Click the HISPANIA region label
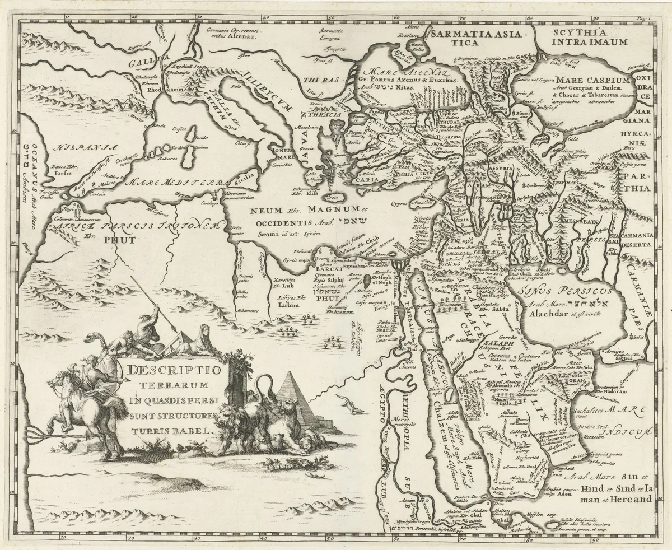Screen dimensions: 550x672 83,147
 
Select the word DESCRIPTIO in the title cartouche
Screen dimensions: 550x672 174,370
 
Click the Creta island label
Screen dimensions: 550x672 333,199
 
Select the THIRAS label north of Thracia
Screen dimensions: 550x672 315,80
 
